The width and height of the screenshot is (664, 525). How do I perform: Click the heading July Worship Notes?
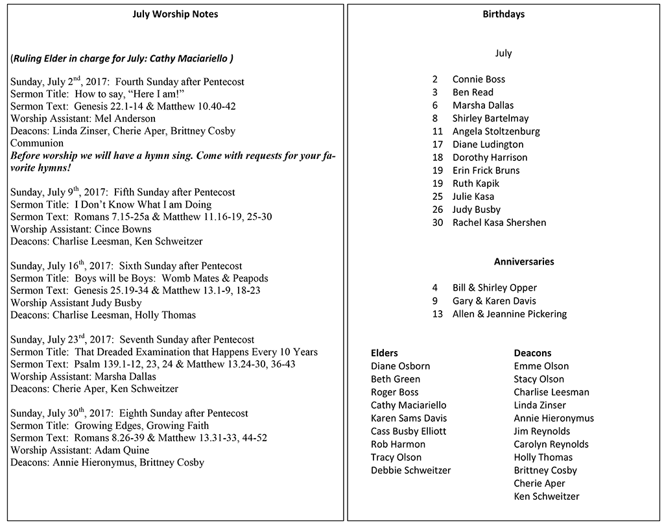(175, 14)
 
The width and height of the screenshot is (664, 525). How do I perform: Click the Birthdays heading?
(503, 14)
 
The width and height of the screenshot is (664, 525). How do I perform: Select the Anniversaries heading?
(524, 262)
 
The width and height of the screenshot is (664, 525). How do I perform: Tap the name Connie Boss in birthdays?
(479, 79)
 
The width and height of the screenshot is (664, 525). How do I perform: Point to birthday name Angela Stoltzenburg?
(496, 131)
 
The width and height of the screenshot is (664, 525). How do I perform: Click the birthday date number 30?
(438, 223)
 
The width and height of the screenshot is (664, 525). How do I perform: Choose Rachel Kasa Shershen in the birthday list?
(499, 223)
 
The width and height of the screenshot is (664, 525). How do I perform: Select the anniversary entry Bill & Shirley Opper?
(495, 287)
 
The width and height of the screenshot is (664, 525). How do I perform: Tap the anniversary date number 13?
(438, 314)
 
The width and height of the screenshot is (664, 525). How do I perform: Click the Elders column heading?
(385, 353)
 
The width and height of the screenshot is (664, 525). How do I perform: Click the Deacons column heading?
(532, 353)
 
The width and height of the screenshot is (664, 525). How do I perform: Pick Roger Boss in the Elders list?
(394, 392)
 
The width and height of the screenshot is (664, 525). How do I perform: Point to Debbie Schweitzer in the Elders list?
(410, 470)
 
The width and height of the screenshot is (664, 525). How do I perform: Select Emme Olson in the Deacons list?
(541, 366)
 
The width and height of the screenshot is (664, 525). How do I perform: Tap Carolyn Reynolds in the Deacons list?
(551, 445)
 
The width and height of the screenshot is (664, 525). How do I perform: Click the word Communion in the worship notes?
(37, 143)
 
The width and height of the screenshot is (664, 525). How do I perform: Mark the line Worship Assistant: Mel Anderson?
(83, 119)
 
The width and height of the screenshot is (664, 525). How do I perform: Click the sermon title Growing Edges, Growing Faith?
(142, 426)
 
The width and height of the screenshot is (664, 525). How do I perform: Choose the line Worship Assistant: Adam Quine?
(80, 450)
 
